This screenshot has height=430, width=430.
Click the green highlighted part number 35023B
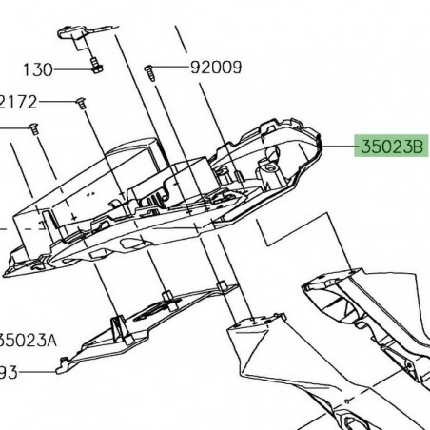[391, 147]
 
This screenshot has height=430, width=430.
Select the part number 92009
[215, 68]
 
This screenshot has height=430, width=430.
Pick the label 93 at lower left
[10, 372]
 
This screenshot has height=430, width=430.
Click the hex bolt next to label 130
[96, 68]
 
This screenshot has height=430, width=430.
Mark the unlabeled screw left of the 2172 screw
[31, 127]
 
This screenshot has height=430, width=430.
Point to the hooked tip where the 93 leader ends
[64, 361]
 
